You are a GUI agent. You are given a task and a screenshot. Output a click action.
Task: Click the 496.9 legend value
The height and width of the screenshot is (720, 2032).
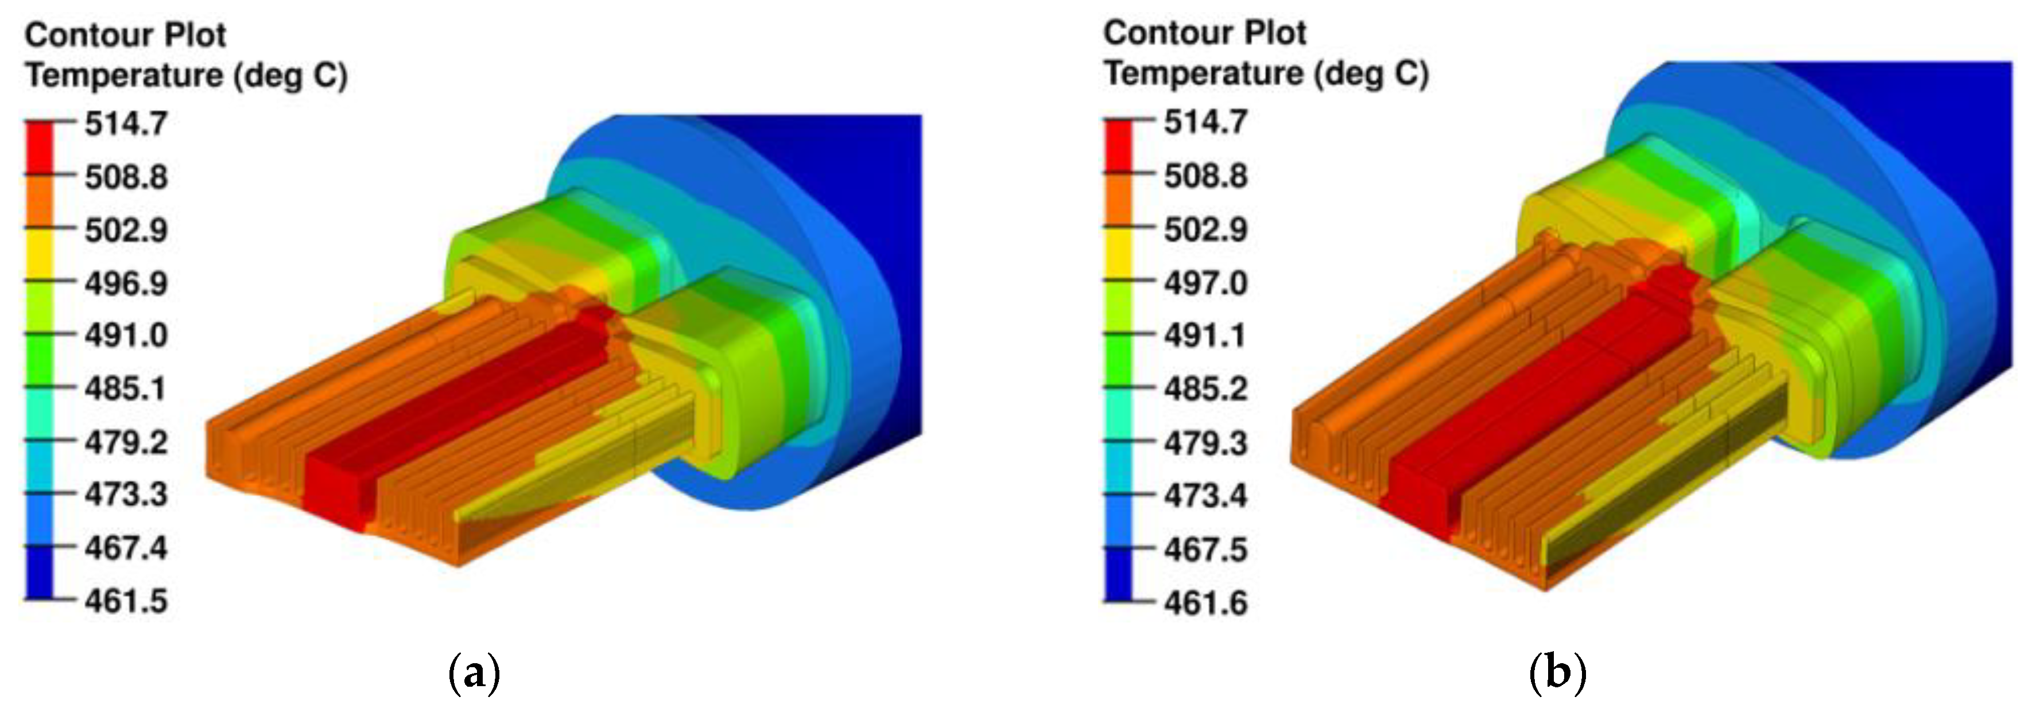click(126, 282)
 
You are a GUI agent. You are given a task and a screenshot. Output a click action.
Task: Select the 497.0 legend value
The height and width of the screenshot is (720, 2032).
click(1205, 282)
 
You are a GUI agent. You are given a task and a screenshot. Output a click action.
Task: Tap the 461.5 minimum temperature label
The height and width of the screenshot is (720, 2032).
click(126, 601)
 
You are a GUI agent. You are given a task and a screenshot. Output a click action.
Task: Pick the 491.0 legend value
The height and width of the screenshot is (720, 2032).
click(126, 335)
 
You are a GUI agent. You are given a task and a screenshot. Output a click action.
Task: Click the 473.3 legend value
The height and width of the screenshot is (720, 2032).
click(126, 495)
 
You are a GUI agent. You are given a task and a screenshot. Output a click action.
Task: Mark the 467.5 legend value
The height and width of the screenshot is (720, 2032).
click(1205, 550)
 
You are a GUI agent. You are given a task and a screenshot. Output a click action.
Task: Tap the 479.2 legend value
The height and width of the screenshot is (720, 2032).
click(126, 442)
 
